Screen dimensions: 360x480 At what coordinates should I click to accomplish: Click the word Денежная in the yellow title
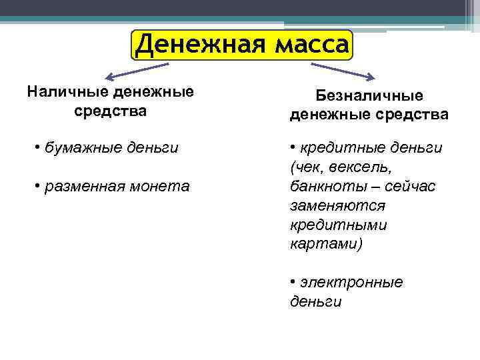pos(194,45)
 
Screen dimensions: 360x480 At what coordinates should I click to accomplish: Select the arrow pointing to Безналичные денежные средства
pos(343,71)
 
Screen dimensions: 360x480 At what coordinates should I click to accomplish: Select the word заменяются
pos(337,205)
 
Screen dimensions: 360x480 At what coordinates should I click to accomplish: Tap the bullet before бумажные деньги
pos(38,147)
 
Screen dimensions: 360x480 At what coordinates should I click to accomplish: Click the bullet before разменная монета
pos(38,186)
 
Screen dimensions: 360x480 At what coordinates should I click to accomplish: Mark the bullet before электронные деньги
pos(294,283)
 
